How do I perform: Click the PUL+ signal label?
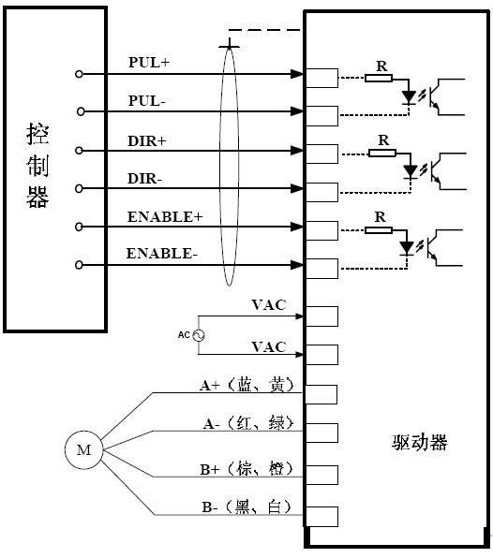[149, 63]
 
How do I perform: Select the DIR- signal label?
[144, 178]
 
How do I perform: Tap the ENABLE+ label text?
[165, 216]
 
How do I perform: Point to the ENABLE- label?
[162, 254]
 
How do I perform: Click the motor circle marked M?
[83, 449]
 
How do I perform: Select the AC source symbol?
[198, 335]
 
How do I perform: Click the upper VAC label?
[269, 305]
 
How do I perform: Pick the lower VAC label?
[269, 347]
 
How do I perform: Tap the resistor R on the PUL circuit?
[379, 78]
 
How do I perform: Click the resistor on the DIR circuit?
[382, 153]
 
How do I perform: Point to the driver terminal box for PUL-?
[322, 116]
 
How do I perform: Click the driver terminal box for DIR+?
[322, 154]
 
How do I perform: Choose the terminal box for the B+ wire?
[322, 475]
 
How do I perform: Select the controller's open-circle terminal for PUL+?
[79, 74]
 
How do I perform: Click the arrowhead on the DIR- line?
[297, 188]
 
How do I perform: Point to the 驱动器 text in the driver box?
[420, 442]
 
